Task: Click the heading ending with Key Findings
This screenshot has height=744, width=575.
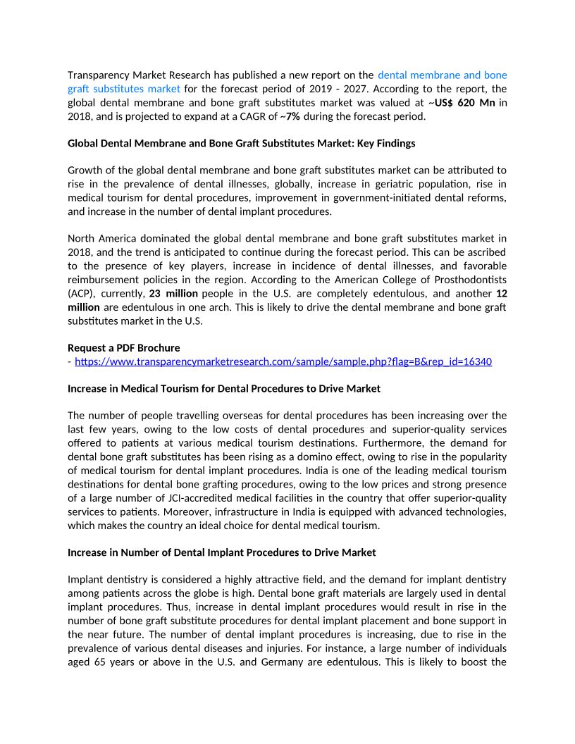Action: tap(241, 143)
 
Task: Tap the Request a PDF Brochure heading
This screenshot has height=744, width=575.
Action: tap(123, 347)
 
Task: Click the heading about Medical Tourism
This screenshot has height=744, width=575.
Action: tap(223, 388)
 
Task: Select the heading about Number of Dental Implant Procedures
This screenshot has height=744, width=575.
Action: tap(221, 552)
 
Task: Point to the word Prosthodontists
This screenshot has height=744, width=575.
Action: tap(465, 279)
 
